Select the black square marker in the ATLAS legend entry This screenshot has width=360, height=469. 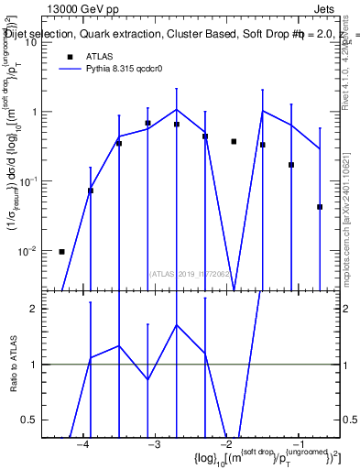pyautogui.click(x=69, y=56)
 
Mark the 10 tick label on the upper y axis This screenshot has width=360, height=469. pyautogui.click(x=31, y=42)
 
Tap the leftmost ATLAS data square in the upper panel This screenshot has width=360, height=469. pyautogui.click(x=61, y=251)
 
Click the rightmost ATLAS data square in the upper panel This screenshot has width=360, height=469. pyautogui.click(x=320, y=207)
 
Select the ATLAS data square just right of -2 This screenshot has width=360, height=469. pyautogui.click(x=234, y=141)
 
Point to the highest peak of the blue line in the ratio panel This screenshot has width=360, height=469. pyautogui.click(x=176, y=324)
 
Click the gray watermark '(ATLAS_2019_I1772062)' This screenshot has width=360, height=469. pyautogui.click(x=190, y=273)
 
